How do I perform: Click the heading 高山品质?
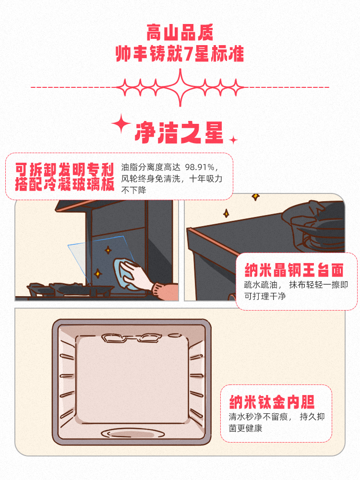pyautogui.click(x=180, y=33)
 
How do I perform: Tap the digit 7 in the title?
pyautogui.click(x=191, y=53)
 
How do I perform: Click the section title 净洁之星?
pyautogui.click(x=180, y=132)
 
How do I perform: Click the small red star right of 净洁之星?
pyautogui.click(x=233, y=140)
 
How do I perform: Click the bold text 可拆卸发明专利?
pyautogui.click(x=64, y=169)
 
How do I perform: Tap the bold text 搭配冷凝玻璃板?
pyautogui.click(x=64, y=184)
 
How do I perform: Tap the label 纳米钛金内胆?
pyautogui.click(x=275, y=401)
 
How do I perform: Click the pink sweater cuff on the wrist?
pyautogui.click(x=159, y=290)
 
